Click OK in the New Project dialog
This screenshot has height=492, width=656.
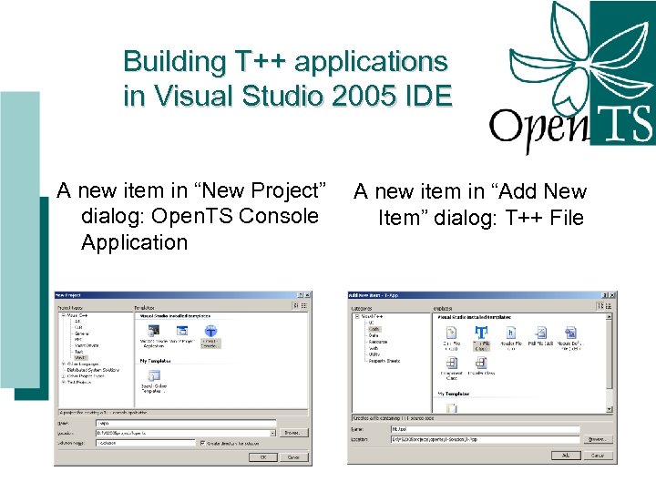(262, 457)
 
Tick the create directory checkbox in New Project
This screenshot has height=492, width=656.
(201, 444)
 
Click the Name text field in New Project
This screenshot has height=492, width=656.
(185, 423)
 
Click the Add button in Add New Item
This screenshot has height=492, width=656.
(565, 455)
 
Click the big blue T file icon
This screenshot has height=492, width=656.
(480, 334)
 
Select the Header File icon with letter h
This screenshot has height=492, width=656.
(511, 334)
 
